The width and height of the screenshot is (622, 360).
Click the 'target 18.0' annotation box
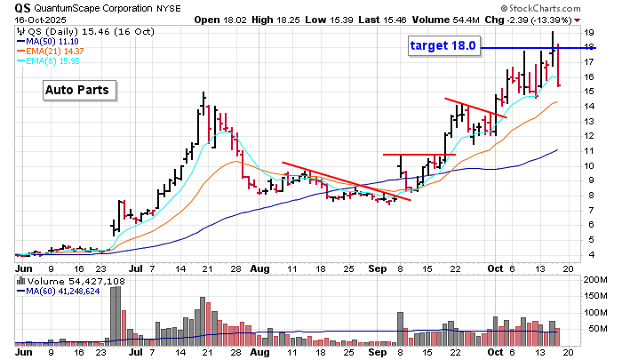[444, 45]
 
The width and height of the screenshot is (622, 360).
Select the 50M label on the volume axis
[594, 328]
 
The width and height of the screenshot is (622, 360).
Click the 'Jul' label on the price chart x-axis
[136, 267]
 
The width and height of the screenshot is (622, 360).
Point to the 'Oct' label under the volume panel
[494, 352]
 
